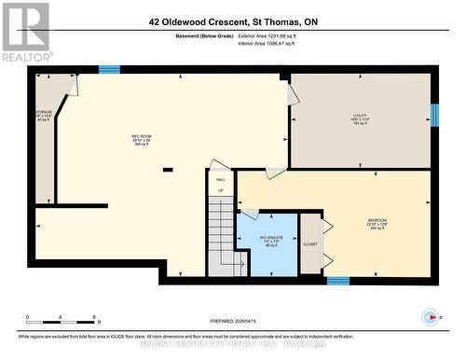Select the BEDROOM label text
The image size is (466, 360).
tap(376, 220)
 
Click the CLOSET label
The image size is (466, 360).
tap(310, 244)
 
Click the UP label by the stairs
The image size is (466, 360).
tap(221, 190)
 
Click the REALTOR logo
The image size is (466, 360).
tap(25, 32)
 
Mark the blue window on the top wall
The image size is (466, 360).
tap(110, 69)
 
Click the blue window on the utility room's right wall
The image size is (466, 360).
tap(434, 115)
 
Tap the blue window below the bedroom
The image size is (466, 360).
tap(338, 280)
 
